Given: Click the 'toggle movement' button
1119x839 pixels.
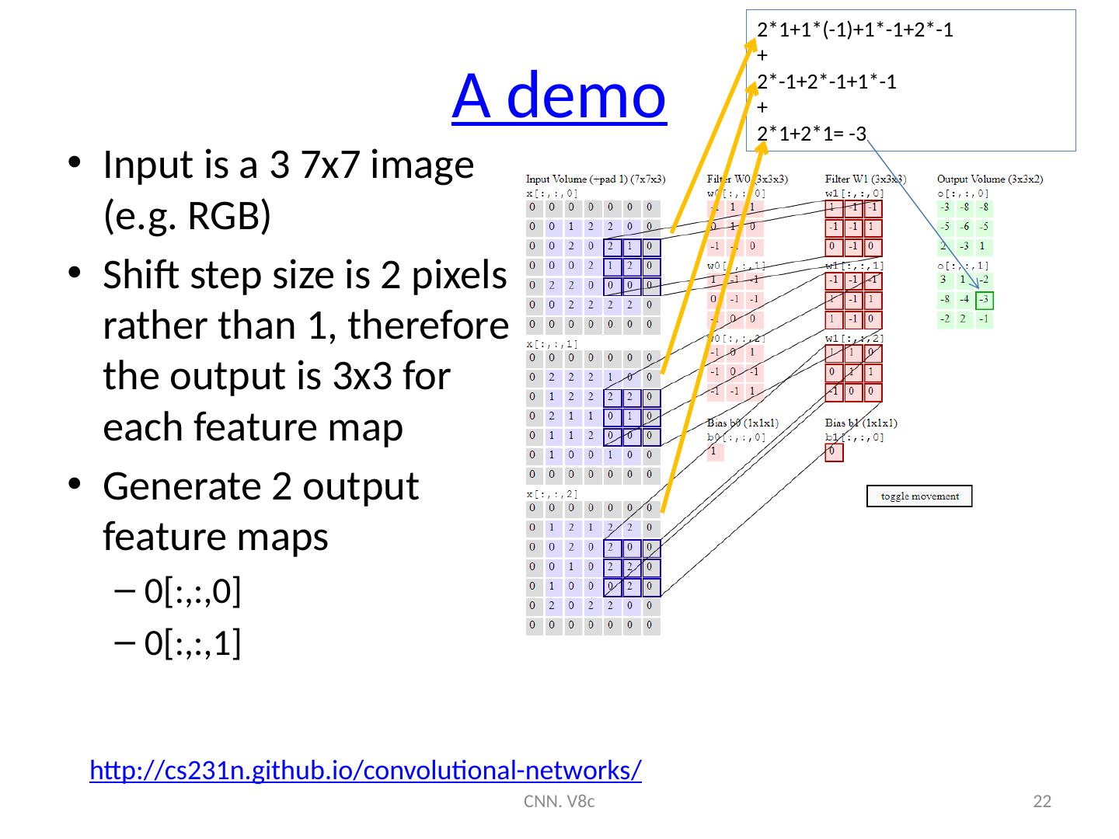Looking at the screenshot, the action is pos(919,496).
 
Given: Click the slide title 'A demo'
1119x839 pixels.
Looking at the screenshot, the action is pos(559,95).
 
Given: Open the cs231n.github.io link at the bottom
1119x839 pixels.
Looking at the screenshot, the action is pos(365,771).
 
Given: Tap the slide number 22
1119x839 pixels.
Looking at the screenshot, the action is pos(1042,802).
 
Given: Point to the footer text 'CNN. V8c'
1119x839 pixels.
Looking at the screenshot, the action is pos(559,802).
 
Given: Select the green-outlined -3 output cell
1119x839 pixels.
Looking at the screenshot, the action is pos(985,300).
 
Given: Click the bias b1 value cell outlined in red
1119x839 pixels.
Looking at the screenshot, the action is pos(833,451).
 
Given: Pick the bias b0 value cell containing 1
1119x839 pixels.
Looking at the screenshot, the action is pos(715,451).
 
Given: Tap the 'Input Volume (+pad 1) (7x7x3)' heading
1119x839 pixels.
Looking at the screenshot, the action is pos(596,179).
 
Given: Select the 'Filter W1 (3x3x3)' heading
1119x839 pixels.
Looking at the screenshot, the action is pos(865,179).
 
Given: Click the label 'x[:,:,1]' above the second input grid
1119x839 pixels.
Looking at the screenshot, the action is pos(553,343).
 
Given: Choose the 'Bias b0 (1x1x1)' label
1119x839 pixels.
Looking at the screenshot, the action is pos(742,423).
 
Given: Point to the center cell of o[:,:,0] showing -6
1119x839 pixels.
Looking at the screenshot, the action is pos(965,227).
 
